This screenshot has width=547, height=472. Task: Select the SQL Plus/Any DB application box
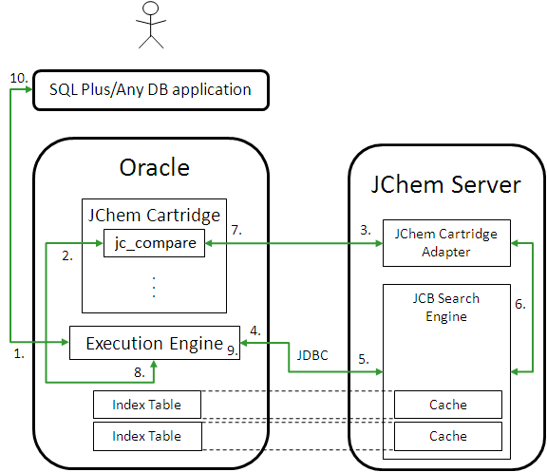[150, 89]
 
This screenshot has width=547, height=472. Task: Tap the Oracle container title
[154, 167]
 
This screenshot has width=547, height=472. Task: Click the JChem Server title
[445, 184]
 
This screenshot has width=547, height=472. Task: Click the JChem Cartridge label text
[154, 216]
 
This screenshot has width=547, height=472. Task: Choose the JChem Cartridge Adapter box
[445, 243]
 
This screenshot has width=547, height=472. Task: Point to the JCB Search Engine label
[446, 307]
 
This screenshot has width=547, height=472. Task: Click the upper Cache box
[447, 405]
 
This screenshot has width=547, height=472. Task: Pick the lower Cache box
[447, 436]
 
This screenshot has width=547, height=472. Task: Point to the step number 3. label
[367, 230]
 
